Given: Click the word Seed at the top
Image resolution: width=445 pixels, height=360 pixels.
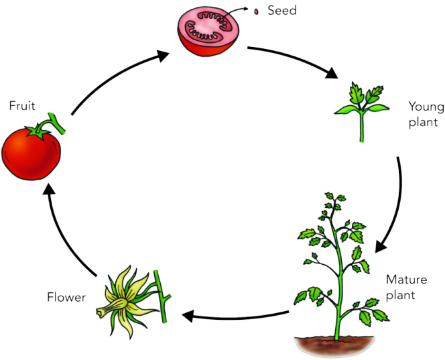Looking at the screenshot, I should [282, 10].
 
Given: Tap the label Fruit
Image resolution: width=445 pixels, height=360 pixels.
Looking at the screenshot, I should [22, 106].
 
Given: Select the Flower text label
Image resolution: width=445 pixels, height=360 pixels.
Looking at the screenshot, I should [66, 296].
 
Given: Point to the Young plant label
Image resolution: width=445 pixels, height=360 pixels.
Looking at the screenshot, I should [424, 115].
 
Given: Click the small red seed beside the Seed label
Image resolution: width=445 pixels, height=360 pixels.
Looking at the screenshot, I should [256, 11].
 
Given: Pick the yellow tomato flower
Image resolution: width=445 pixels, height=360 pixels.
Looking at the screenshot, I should [129, 300].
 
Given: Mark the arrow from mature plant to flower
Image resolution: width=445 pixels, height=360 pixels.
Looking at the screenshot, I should [235, 314].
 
